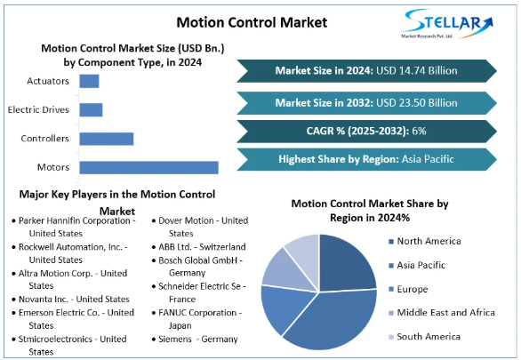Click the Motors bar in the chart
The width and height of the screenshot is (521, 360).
pyautogui.click(x=148, y=167)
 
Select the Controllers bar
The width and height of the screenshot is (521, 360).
pyautogui.click(x=107, y=139)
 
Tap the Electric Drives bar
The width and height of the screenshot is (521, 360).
pyautogui.click(x=91, y=110)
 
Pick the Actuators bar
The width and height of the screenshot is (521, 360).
pyautogui.click(x=90, y=82)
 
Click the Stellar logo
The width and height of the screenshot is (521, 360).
pyautogui.click(x=447, y=24)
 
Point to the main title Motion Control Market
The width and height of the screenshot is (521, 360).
pyautogui.click(x=252, y=22)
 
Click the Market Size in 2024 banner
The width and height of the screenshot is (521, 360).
pyautogui.click(x=366, y=71)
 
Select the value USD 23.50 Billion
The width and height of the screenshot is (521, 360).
pyautogui.click(x=417, y=103)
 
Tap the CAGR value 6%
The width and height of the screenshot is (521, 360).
pyautogui.click(x=419, y=131)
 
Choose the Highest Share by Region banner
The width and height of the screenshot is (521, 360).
pyautogui.click(x=366, y=159)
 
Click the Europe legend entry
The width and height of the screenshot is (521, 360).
pyautogui.click(x=408, y=289)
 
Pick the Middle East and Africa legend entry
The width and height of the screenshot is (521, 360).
pyautogui.click(x=442, y=313)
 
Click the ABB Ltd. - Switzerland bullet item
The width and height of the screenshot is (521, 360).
pyautogui.click(x=198, y=247)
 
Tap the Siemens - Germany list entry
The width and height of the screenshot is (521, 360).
pyautogui.click(x=195, y=339)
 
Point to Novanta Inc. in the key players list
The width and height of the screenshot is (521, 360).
pyautogui.click(x=44, y=300)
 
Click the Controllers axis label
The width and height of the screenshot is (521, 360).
pyautogui.click(x=44, y=139)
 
